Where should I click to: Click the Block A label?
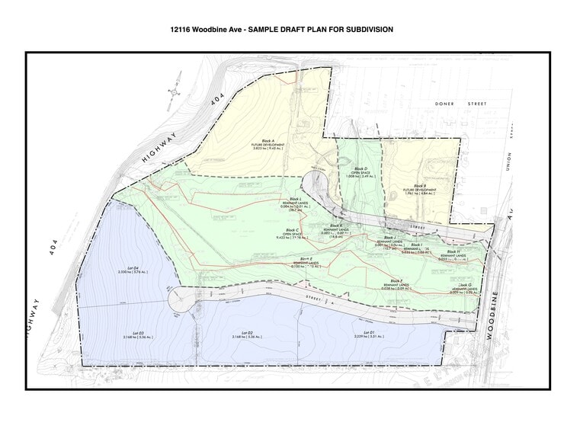click(x=268, y=142)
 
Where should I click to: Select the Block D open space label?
click(x=361, y=169)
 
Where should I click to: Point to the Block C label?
click(x=290, y=230)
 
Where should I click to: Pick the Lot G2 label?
click(x=246, y=332)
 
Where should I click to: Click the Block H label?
click(x=453, y=251)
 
